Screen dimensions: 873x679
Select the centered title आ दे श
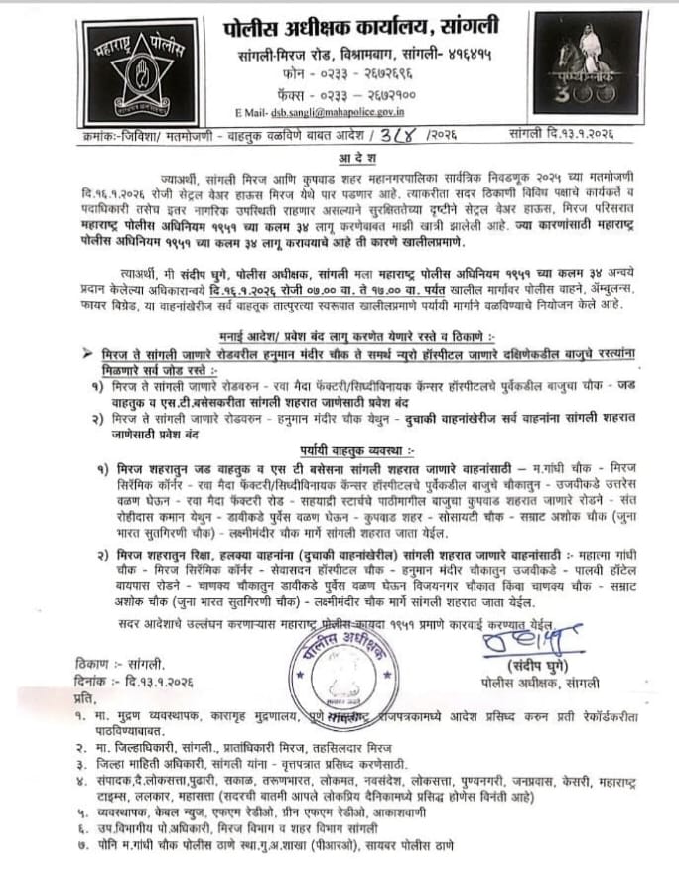(x=339, y=155)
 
